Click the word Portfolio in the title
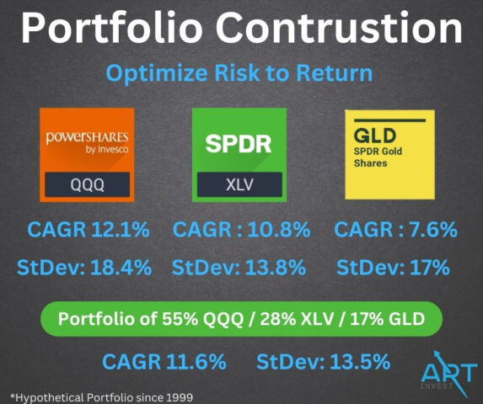coord(112,28)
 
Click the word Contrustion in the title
coord(341,28)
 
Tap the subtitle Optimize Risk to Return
coord(239,73)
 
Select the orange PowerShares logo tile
coord(87,155)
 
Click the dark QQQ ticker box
coord(87,184)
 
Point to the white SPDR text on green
coord(239,144)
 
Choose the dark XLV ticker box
coord(239,184)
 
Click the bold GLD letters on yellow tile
coord(375,136)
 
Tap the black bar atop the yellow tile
coord(389,120)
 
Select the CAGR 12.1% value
coord(89,230)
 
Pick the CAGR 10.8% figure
coord(242,230)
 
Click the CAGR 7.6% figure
coord(396,230)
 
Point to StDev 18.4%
coord(84,268)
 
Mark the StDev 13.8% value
coord(239,268)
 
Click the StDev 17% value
coord(393,268)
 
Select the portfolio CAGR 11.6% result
coord(164,362)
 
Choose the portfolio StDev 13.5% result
coord(324,362)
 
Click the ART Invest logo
coord(449,375)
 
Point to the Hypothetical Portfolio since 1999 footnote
coord(102,397)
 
